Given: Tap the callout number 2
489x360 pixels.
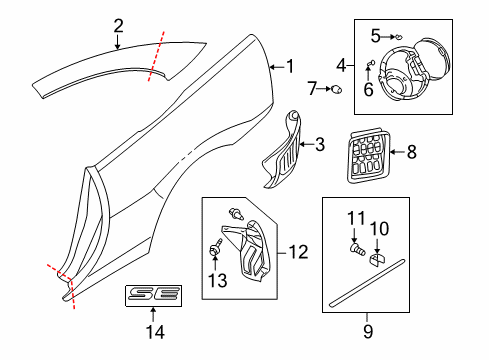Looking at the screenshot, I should coord(118,26).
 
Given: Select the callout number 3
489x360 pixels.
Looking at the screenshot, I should coord(320,145).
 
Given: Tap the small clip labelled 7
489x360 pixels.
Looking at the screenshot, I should coord(337,91).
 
